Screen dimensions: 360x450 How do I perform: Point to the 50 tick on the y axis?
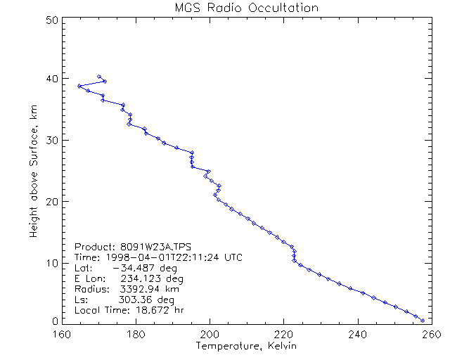(x=51, y=20)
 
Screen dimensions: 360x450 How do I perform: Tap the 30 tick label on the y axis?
(x=51, y=140)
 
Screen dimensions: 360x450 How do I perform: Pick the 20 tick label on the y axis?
(x=51, y=201)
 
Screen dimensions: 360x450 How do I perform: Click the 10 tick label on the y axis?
(x=51, y=262)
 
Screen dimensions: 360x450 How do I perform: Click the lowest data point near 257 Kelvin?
(x=422, y=321)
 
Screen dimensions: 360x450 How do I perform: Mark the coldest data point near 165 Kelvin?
(x=79, y=86)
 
